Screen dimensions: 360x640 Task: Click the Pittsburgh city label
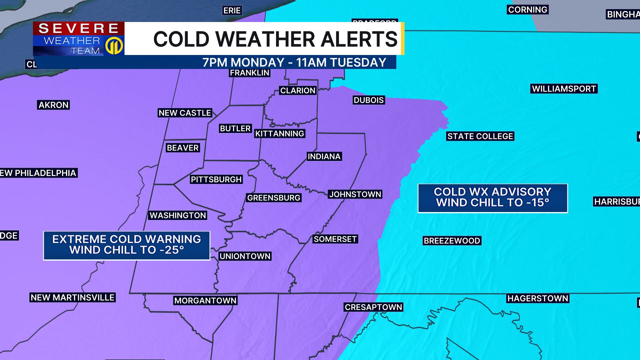tap(216, 179)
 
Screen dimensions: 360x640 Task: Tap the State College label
tap(480, 136)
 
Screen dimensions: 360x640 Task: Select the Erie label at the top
tap(232, 11)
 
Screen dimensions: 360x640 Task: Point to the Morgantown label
tap(205, 301)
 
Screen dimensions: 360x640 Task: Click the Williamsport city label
tap(564, 89)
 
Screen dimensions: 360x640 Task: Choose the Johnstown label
tap(355, 194)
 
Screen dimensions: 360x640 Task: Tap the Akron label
tap(53, 105)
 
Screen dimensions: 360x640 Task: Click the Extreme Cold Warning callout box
tap(127, 245)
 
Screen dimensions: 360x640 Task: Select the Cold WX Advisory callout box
tap(493, 198)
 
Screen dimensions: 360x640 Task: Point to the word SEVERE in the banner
tap(79, 29)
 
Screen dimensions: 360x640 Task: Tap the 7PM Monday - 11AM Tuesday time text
tap(294, 63)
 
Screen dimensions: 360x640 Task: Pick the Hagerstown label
tap(538, 298)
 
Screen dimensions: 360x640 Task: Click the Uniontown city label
tap(245, 256)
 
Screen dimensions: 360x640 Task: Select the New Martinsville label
tap(73, 297)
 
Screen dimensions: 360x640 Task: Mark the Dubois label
tap(369, 100)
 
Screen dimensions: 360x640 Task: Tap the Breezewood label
tap(452, 241)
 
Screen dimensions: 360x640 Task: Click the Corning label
tap(528, 10)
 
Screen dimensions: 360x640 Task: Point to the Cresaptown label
tap(373, 307)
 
